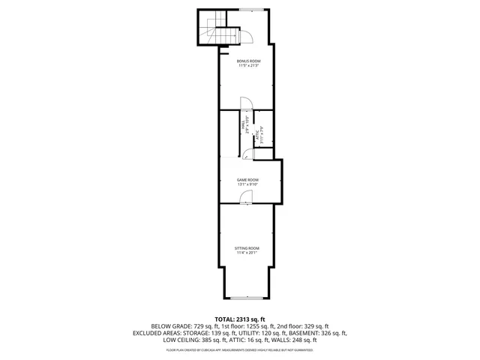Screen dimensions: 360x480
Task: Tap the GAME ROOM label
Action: tap(247, 179)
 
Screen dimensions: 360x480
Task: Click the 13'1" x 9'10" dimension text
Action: tap(247, 184)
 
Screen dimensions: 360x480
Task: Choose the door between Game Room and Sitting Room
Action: tap(247, 196)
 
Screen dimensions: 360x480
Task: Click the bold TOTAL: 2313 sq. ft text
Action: tap(240, 319)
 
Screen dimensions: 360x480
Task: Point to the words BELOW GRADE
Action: tap(171, 326)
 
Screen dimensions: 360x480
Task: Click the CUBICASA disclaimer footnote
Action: tap(240, 349)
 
